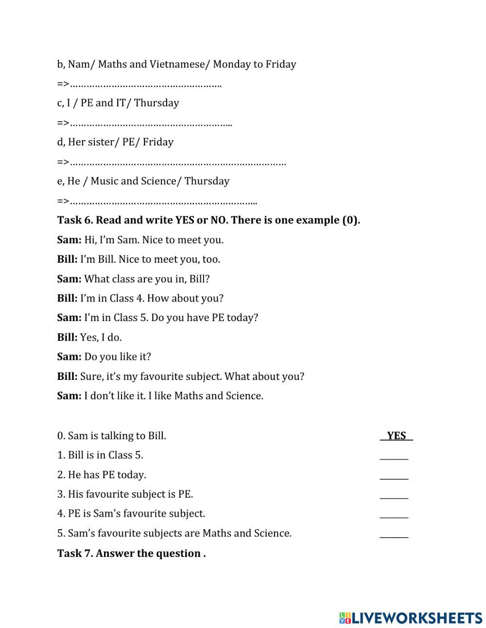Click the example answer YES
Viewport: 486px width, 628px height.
point(396,435)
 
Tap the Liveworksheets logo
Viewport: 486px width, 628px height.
point(411,618)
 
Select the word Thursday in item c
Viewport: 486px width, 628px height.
point(156,103)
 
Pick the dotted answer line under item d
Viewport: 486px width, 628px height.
point(177,162)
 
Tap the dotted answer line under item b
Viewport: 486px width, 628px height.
point(146,84)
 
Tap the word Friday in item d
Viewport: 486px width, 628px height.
point(158,142)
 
